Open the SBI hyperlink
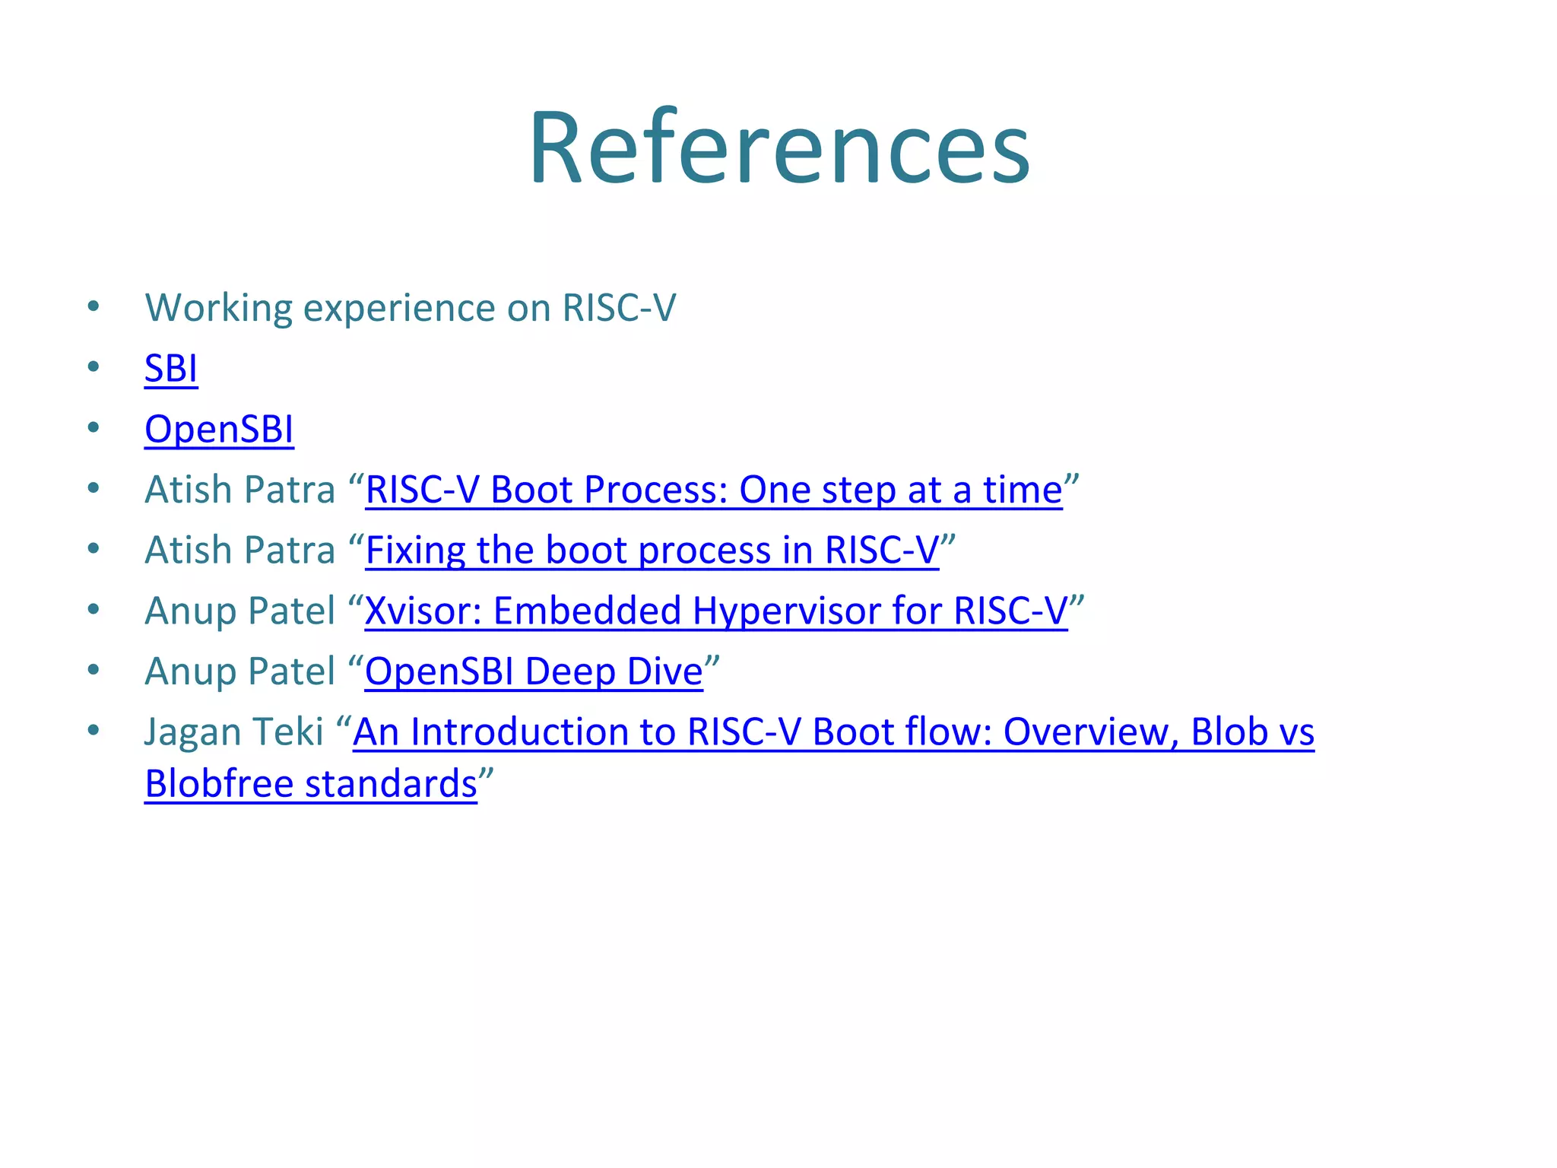(171, 369)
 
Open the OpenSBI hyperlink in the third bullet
(219, 429)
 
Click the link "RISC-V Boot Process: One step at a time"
(713, 490)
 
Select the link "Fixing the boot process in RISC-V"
(652, 551)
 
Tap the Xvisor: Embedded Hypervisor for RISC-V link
(715, 611)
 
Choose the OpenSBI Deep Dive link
(534, 671)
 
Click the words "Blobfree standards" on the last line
(310, 784)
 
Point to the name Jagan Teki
(234, 732)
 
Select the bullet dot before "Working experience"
(94, 307)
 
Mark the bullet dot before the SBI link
(94, 368)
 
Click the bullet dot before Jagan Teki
(94, 732)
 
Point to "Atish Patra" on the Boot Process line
(239, 490)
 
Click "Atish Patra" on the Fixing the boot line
(239, 551)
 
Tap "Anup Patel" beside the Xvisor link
(239, 611)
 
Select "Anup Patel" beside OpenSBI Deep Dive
(239, 671)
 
